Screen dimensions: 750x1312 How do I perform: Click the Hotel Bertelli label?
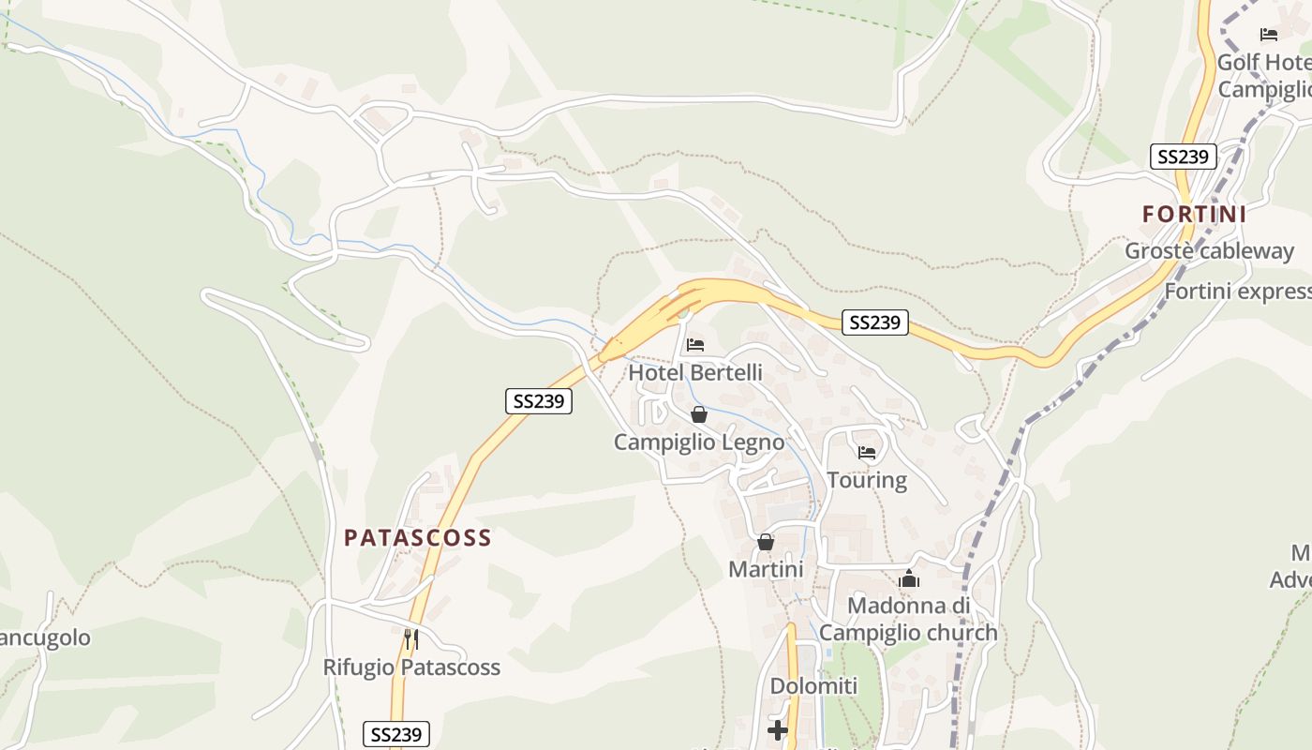694,372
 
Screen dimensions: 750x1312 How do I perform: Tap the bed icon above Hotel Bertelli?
695,345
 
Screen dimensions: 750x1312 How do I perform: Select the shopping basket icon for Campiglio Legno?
699,414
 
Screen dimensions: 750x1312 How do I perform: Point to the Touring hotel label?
867,480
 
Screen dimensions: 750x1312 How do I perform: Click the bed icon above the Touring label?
867,453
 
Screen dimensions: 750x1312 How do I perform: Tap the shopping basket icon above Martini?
766,542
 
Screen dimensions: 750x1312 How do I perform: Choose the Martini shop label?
766,569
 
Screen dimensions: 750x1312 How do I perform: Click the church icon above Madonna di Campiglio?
908,579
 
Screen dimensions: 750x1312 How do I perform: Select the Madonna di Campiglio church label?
908,619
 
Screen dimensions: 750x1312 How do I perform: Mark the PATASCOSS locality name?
417,537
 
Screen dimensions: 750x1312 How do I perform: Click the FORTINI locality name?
1194,214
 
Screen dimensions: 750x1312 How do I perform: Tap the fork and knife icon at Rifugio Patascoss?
410,639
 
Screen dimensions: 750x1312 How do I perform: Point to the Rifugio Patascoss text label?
411,667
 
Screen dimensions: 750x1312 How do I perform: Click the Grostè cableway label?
1209,251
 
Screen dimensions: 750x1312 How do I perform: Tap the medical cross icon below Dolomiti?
778,729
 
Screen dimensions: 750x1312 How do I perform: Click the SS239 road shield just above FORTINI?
1183,157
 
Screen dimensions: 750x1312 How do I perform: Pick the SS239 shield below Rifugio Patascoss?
395,734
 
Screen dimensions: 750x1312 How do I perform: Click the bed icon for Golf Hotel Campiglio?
1269,35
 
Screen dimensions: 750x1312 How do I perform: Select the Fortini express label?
1237,292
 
